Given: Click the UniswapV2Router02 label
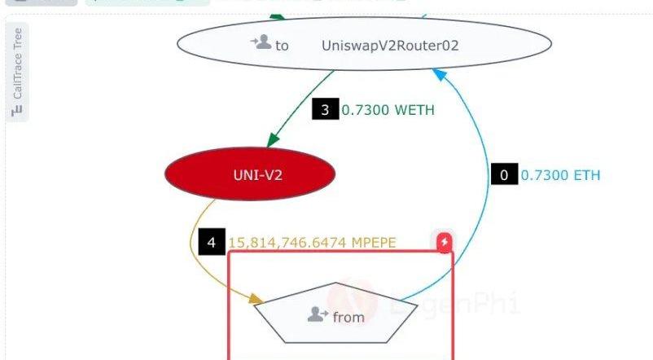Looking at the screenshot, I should point(391,46).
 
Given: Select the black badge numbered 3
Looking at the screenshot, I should point(325,109).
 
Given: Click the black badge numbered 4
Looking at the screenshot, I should point(211,242).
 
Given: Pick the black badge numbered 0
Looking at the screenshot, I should point(504,174).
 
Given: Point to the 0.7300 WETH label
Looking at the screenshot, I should point(388,109).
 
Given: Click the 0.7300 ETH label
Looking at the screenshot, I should point(560,174).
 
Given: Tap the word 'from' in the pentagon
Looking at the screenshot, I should point(348,317).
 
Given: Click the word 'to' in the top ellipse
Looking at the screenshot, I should point(282,46).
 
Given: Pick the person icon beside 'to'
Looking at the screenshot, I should point(261,42).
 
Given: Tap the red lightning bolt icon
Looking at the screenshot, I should point(444,243).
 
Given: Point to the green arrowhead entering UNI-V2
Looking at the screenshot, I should point(273,143).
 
